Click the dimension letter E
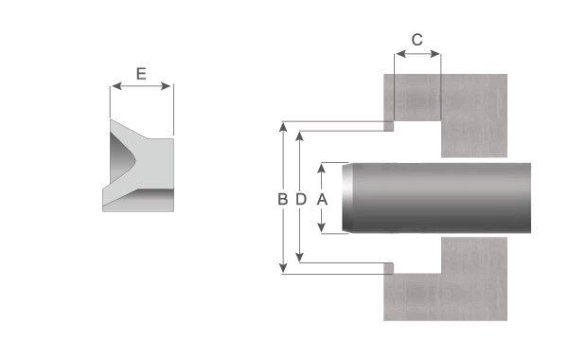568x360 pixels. (x=141, y=74)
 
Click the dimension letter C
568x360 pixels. (x=417, y=40)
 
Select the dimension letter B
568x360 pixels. (x=282, y=199)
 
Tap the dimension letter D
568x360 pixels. (x=301, y=199)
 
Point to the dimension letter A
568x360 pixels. (x=322, y=199)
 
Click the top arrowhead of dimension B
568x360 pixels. (x=283, y=127)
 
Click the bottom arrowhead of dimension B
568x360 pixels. (x=283, y=268)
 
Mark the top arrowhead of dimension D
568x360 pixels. (x=299, y=136)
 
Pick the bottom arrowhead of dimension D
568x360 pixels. (x=299, y=258)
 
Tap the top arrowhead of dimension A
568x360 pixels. (x=321, y=168)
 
